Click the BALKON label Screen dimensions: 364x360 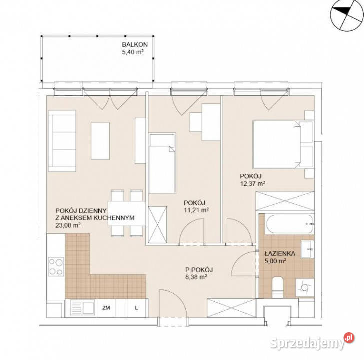tap(135, 44)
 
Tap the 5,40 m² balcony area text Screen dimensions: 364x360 tap(132, 52)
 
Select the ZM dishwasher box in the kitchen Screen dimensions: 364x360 tap(106, 308)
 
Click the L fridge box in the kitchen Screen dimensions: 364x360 tap(136, 308)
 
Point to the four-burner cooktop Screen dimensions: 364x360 tap(56, 266)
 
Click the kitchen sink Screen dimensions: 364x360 tap(82, 307)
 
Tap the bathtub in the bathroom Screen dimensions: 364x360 tap(289, 224)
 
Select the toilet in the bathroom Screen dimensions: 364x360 tap(277, 287)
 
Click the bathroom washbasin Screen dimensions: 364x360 tap(307, 249)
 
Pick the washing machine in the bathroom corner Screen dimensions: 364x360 tap(305, 287)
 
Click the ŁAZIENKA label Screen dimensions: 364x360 tap(280, 253)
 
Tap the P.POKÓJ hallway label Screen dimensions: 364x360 tap(199, 270)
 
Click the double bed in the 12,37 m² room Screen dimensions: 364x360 tap(283, 144)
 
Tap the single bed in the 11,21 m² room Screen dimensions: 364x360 tap(162, 163)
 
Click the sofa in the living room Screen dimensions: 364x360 tap(62, 141)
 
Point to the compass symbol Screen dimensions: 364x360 tap(347, 15)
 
